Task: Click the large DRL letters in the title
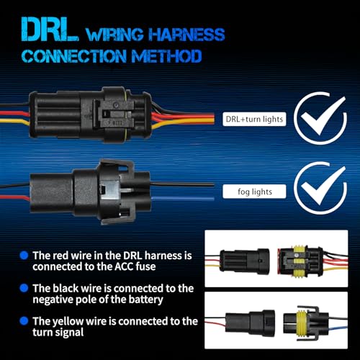tap(50, 30)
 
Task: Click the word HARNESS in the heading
tap(186, 35)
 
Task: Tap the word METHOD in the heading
tap(166, 56)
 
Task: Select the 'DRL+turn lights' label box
tap(254, 119)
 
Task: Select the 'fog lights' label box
tap(254, 192)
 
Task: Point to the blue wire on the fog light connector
tap(182, 198)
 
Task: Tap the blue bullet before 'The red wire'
tap(24, 256)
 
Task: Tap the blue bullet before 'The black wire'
tap(24, 288)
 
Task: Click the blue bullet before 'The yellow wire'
tap(24, 321)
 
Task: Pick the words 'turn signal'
tap(58, 333)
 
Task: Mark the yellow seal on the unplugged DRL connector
tap(299, 261)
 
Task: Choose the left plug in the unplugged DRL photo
tap(245, 262)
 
